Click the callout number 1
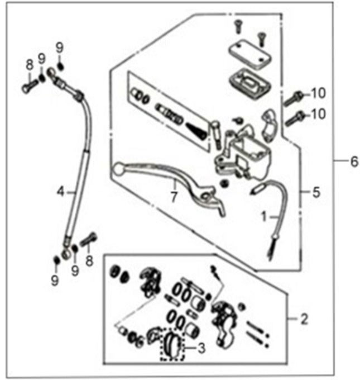pyautogui.click(x=264, y=214)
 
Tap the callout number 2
pyautogui.click(x=304, y=320)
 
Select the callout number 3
pyautogui.click(x=201, y=346)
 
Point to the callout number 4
pyautogui.click(x=60, y=192)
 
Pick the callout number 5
pyautogui.click(x=316, y=193)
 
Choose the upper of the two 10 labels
pyautogui.click(x=318, y=92)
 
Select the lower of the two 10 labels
pyautogui.click(x=318, y=115)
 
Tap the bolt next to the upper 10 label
pyautogui.click(x=294, y=98)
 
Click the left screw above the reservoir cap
pyautogui.click(x=238, y=25)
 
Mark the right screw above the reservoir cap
pyautogui.click(x=260, y=37)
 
